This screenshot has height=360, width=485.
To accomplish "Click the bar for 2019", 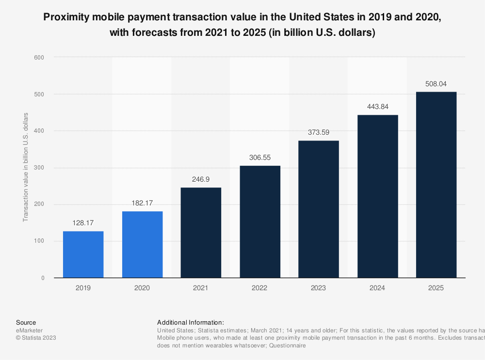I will [x=83, y=254].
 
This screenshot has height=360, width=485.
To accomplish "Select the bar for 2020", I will [x=142, y=244].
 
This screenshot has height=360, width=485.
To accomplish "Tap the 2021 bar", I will [x=201, y=233].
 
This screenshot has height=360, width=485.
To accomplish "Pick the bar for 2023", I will [x=318, y=209].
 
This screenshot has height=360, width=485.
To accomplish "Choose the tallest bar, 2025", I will [x=436, y=185].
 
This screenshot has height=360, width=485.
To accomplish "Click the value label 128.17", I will [x=83, y=223].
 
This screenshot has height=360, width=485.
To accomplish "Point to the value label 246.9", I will [x=201, y=179].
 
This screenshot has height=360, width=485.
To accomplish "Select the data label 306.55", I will [x=259, y=157].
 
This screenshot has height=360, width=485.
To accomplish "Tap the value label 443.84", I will [x=377, y=107].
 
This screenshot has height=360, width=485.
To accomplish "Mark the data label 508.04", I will [x=436, y=83].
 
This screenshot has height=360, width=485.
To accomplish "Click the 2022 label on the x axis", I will [x=259, y=288].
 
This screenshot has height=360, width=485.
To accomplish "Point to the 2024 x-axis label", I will [x=377, y=288].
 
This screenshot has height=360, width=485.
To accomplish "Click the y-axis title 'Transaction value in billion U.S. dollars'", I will [x=26, y=167].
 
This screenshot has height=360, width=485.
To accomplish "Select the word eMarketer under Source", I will [x=29, y=330].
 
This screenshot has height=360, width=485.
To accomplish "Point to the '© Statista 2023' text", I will [x=36, y=338].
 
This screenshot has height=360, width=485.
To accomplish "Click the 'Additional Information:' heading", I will [x=191, y=322].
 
